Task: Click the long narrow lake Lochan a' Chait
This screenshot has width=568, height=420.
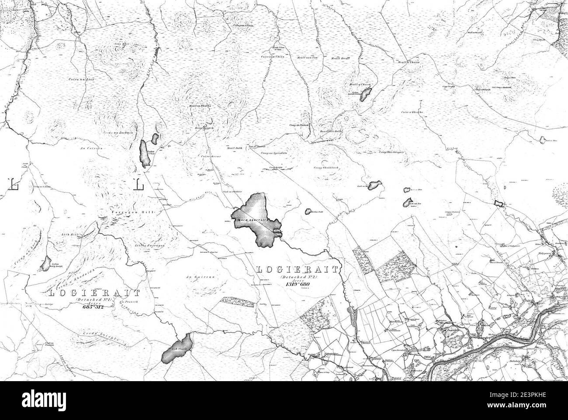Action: tap(144, 153)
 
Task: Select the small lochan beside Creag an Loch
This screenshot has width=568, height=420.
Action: tap(45, 263)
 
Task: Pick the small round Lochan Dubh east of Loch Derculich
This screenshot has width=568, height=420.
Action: tap(308, 210)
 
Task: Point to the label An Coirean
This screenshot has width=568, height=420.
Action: tap(91, 148)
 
